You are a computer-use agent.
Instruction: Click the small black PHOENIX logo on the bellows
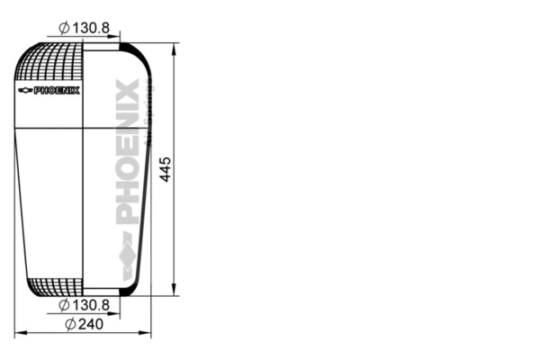[56, 90]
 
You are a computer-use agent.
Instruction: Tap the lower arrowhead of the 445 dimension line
[174, 290]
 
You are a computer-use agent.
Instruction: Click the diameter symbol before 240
[70, 324]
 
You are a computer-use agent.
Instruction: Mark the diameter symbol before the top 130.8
[64, 29]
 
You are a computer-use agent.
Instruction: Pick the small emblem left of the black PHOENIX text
[24, 90]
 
